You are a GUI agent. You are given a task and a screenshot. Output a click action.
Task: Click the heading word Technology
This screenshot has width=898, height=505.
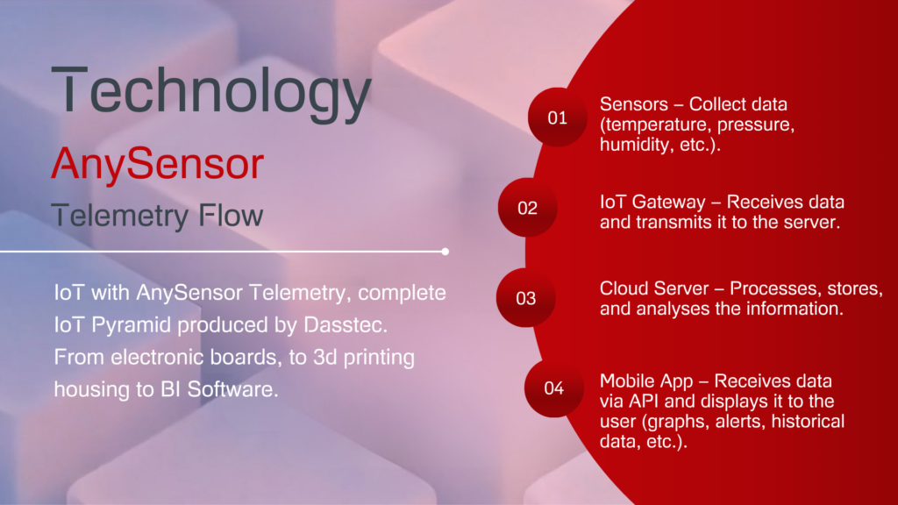211,91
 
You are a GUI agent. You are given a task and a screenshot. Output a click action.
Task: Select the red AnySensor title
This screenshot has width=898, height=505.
158,164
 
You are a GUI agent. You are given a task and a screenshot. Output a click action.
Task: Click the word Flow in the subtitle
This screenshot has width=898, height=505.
231,216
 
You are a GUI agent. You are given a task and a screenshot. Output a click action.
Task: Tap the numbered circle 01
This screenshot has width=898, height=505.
557,117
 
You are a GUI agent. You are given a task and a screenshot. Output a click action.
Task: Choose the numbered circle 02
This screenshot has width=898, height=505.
527,207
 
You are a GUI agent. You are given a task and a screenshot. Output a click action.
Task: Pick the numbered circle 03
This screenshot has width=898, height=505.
526,298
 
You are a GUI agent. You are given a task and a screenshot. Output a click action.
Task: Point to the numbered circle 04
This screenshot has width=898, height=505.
554,388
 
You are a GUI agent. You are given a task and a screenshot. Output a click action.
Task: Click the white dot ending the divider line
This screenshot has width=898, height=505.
445,252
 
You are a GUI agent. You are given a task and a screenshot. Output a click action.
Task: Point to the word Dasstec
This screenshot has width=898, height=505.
346,325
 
